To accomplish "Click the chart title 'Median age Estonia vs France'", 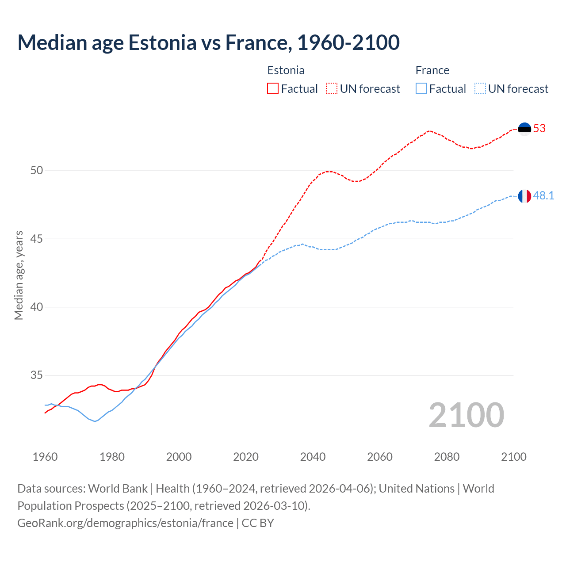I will point(208,42).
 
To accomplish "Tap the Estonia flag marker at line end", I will point(524,129).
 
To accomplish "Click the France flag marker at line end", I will point(524,196).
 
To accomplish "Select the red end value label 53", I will point(539,129).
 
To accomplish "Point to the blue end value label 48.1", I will point(543,196).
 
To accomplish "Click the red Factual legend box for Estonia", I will point(273,89).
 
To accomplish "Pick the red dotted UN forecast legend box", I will point(332,89).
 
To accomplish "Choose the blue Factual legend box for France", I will point(421,89).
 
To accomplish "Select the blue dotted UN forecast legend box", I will point(480,89).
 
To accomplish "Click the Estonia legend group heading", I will point(286,70).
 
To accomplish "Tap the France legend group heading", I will point(432,70).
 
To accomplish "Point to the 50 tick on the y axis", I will point(37,171).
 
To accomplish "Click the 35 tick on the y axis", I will point(37,375).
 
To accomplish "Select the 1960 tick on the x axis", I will point(45,457).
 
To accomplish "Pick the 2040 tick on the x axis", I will point(313,457).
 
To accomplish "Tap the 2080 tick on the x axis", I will point(447,457).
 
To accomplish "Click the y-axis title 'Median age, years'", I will point(19,275).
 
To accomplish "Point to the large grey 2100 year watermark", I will point(466,415).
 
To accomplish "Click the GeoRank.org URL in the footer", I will point(125,523).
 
